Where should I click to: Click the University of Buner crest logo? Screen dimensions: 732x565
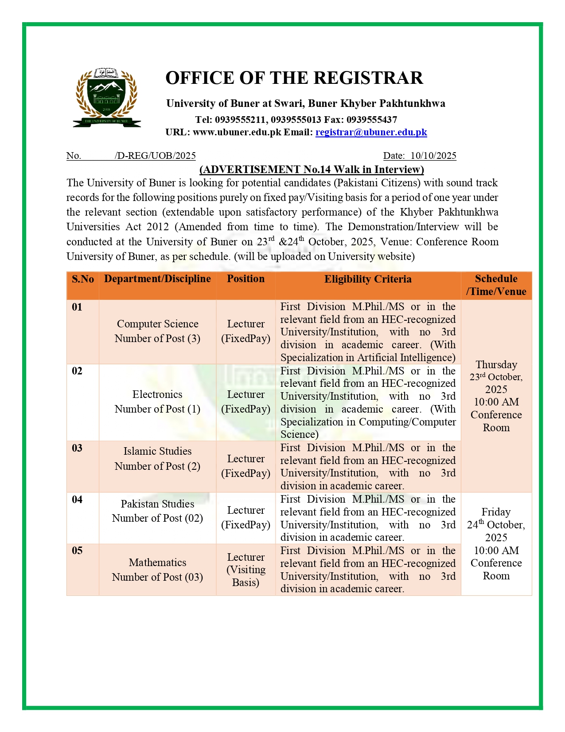106,98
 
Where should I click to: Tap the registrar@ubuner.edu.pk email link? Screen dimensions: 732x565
371,132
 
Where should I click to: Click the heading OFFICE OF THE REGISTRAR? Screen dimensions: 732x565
294,78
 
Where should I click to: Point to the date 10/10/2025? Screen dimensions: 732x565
433,156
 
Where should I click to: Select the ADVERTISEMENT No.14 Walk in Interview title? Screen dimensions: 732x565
312,169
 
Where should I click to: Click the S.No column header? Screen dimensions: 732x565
83,279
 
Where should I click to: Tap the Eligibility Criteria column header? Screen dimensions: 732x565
368,279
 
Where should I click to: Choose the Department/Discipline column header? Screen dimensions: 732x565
157,279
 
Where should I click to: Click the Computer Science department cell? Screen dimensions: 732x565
157,331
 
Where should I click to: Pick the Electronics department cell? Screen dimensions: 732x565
157,401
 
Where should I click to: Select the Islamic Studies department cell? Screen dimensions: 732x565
157,458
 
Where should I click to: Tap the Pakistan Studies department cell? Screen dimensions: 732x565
157,511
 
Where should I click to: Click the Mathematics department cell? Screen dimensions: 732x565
157,570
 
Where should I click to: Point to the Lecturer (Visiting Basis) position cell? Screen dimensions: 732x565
245,570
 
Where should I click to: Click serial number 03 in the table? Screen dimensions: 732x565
77,448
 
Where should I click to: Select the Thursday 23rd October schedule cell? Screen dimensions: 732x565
496,396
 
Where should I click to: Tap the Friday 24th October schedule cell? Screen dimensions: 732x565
496,543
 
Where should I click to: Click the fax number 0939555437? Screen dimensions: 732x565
371,120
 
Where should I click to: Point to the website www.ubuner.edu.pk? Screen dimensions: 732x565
237,132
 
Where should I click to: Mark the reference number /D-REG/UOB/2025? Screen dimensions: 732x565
155,156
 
